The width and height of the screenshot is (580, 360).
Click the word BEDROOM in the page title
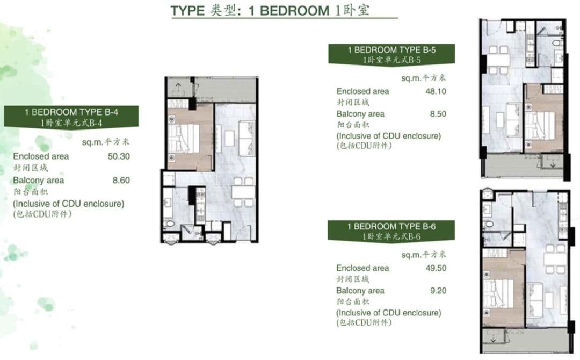pyautogui.click(x=294, y=10)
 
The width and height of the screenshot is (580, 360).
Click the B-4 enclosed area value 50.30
pyautogui.click(x=119, y=156)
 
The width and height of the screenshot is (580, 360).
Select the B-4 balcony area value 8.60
pyautogui.click(x=121, y=180)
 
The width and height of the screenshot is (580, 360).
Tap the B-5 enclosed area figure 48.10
pyautogui.click(x=436, y=91)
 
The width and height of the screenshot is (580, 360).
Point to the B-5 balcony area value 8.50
pyautogui.click(x=438, y=114)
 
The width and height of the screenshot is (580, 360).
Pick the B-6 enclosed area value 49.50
pyautogui.click(x=436, y=268)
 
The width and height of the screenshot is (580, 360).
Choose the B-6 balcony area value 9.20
pyautogui.click(x=438, y=291)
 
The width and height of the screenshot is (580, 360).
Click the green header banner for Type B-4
pyautogui.click(x=71, y=117)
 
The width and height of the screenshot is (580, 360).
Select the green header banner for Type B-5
pyautogui.click(x=392, y=54)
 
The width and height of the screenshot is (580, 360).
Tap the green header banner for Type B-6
pyautogui.click(x=391, y=231)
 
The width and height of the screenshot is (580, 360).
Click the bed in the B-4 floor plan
pyautogui.click(x=184, y=139)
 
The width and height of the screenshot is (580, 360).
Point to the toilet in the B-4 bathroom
pyautogui.click(x=170, y=224)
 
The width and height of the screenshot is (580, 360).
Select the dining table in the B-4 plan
pyautogui.click(x=243, y=192)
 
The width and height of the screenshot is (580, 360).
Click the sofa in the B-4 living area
pyautogui.click(x=247, y=138)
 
